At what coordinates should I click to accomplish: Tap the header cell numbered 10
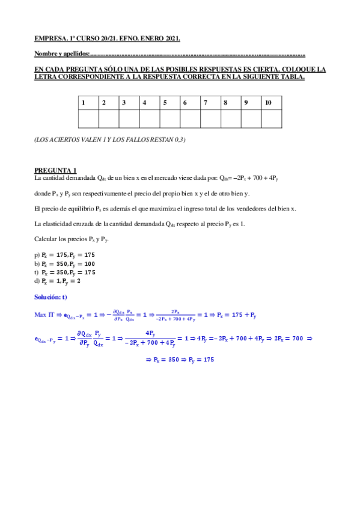point(271,103)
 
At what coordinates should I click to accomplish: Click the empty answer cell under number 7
point(210,119)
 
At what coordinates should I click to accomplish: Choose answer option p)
point(65,255)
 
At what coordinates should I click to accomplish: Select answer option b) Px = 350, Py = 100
point(65,263)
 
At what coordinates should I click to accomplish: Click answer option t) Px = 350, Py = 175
point(65,272)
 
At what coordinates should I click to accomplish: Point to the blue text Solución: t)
point(51,297)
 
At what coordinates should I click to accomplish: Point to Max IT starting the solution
point(46,314)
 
